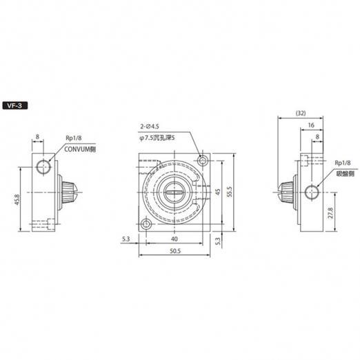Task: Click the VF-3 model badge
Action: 15,106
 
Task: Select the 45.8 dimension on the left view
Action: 18,200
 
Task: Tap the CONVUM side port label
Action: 80,149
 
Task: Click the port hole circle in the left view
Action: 43,166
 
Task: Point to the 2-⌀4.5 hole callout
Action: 150,126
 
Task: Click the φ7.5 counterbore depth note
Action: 157,138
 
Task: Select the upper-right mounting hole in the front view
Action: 203,161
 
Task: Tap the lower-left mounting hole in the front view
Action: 146,224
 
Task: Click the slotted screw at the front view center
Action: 174,192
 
